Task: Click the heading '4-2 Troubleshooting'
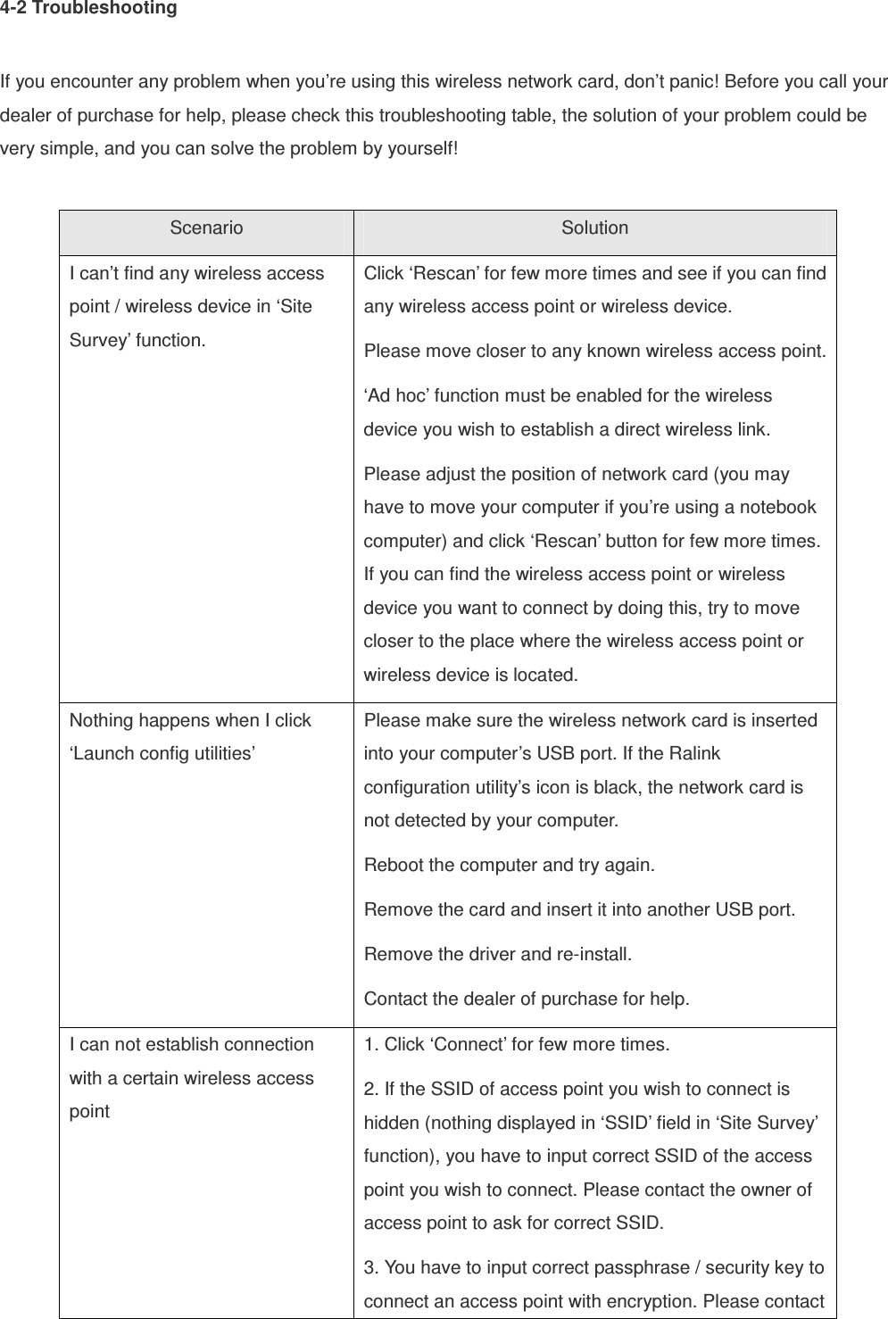(88, 9)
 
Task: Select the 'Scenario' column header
(206, 228)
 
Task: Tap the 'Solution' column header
(594, 228)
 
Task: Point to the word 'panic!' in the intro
(695, 84)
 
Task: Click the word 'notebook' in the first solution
(782, 508)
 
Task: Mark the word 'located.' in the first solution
(546, 675)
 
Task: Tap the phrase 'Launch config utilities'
(163, 754)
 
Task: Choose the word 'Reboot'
(394, 866)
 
